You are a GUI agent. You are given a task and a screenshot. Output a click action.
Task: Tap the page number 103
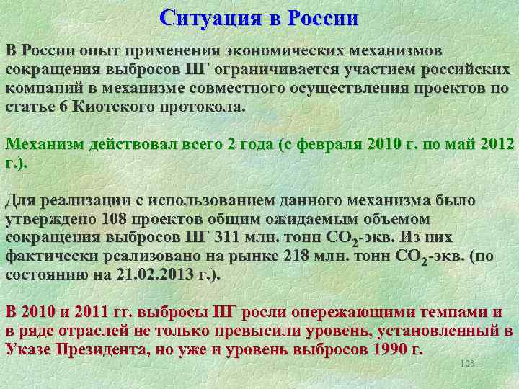click(467, 365)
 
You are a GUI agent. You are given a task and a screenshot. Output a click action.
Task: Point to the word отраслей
click(92, 331)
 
